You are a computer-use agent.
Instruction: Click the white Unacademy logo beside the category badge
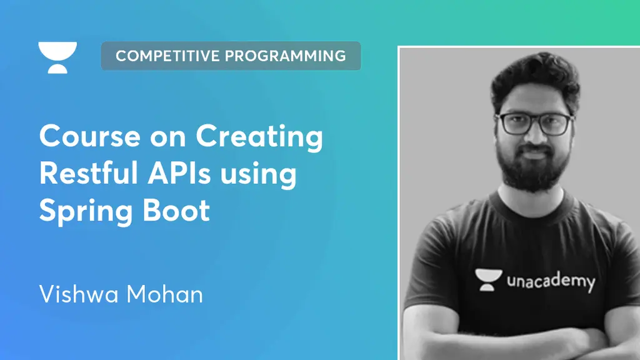(57, 57)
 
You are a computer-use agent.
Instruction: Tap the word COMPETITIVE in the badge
(167, 56)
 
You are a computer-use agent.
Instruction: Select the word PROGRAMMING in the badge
(286, 56)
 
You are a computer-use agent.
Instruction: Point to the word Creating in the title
(259, 137)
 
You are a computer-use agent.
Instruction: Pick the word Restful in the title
(89, 173)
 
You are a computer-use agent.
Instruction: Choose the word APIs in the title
(179, 173)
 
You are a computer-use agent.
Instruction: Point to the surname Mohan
(164, 294)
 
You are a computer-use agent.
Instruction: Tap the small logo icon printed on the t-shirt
(488, 279)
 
